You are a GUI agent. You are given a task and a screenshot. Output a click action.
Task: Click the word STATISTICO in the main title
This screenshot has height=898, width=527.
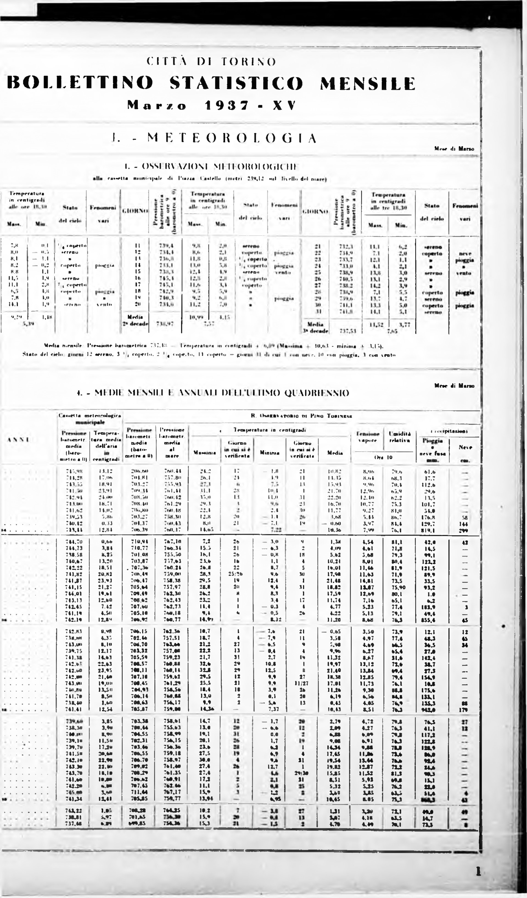point(237,83)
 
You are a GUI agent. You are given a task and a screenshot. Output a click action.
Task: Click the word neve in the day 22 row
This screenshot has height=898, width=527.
point(465,254)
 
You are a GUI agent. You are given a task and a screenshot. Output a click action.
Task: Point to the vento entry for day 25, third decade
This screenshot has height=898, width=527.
point(465,273)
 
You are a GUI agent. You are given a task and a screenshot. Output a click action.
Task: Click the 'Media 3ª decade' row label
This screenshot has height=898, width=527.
point(315,327)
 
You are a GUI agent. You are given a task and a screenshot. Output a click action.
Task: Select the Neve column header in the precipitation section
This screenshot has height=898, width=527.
point(465,447)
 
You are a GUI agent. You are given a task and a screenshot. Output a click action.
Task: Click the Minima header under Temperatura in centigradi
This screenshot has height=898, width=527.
point(269,453)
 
